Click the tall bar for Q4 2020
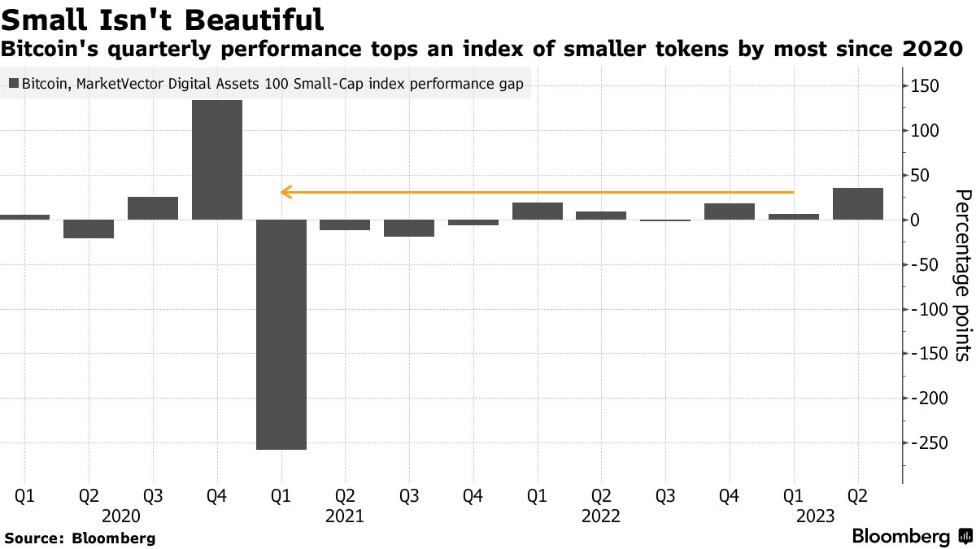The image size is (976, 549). (x=217, y=159)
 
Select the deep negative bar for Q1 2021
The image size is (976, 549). (x=281, y=334)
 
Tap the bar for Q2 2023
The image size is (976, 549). (x=857, y=204)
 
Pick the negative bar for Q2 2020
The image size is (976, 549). (x=89, y=229)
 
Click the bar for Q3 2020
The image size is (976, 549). (x=153, y=208)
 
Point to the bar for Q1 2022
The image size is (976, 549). (x=537, y=211)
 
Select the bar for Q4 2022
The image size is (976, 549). (x=730, y=211)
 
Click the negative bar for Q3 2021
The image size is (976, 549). (x=409, y=228)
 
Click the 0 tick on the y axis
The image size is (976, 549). (x=915, y=220)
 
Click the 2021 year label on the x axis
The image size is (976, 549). (x=345, y=516)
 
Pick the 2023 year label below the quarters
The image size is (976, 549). (x=816, y=516)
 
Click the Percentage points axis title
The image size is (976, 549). (x=961, y=275)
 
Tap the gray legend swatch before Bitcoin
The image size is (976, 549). (x=13, y=83)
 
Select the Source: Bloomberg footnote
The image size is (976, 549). (x=80, y=538)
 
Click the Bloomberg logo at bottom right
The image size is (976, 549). (x=911, y=537)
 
